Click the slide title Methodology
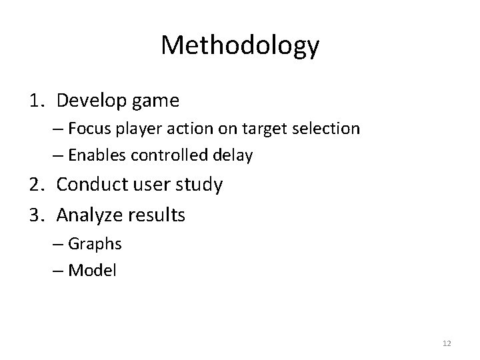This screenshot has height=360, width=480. [x=240, y=46]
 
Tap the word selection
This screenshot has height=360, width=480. [x=327, y=129]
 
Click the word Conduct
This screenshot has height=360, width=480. [x=90, y=184]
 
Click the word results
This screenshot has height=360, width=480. [x=155, y=215]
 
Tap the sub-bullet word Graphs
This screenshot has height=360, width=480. [x=96, y=244]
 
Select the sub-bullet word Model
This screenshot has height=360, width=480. [x=93, y=271]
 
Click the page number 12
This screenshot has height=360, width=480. [x=447, y=343]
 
